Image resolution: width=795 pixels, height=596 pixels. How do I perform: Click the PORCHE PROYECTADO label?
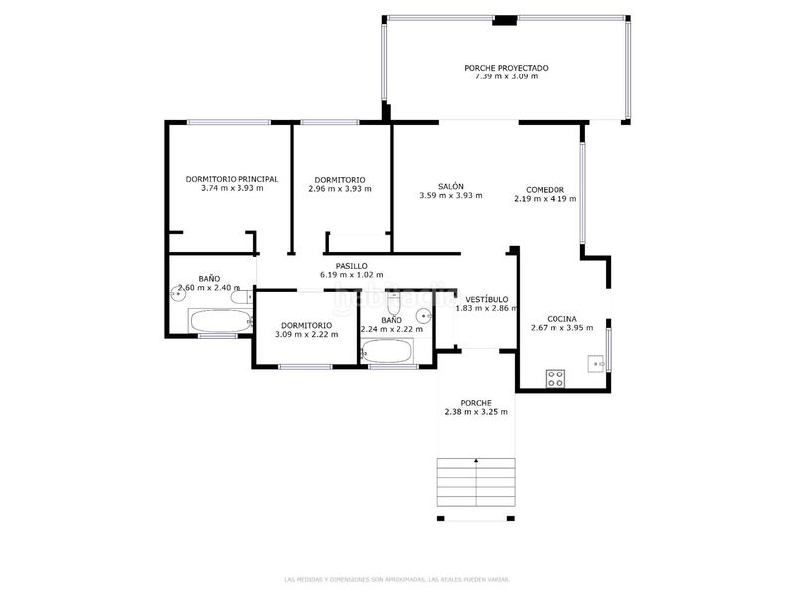coord(506,68)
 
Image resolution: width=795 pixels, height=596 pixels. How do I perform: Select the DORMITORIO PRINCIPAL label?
coord(232,179)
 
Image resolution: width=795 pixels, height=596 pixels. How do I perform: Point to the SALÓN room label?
coord(451,186)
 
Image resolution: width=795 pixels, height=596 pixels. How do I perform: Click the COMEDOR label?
coord(545,189)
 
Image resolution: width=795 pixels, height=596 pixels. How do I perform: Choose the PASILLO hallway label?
coord(351,266)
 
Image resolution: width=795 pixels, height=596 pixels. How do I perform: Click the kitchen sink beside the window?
coord(597,364)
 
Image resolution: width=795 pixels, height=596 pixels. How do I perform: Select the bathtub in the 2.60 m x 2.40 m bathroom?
coord(221,321)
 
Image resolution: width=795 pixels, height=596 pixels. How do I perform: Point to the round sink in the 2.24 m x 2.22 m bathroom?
coord(424,316)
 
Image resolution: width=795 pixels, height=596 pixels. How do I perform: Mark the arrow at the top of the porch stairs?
coord(477,461)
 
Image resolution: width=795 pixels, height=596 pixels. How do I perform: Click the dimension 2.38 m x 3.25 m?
coord(476,411)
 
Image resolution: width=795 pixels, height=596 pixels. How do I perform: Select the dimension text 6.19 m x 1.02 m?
coord(351,275)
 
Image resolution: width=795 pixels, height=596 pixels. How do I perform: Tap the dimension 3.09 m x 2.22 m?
coord(306,334)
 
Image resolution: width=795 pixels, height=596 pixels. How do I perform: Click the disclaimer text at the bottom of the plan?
coord(397,579)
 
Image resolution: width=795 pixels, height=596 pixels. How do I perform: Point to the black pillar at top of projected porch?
coord(505,19)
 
